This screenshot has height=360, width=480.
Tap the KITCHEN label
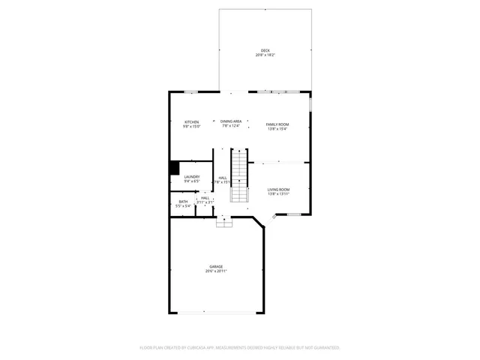(x=192, y=121)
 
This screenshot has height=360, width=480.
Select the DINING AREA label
(x=231, y=121)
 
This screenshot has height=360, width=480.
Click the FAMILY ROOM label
(x=277, y=124)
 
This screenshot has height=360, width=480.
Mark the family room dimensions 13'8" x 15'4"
(x=277, y=128)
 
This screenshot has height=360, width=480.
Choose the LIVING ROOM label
(x=278, y=189)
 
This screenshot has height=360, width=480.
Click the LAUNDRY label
(x=191, y=176)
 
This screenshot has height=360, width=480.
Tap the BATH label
(x=183, y=201)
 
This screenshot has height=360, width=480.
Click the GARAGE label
(x=216, y=266)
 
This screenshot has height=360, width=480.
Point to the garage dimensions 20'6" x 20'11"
(x=216, y=271)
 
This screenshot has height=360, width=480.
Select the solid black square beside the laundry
(x=174, y=168)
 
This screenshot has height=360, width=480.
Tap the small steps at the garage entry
(x=223, y=222)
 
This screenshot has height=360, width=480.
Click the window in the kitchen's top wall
(x=191, y=91)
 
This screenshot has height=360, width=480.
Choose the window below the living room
(x=294, y=214)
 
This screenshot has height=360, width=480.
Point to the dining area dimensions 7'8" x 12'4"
(x=231, y=125)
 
